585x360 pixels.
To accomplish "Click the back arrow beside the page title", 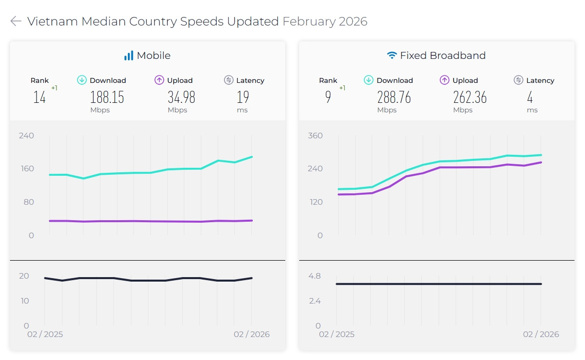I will point(16,21).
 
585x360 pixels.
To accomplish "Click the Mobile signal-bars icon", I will point(129,55).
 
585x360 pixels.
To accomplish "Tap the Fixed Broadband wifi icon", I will point(392,55).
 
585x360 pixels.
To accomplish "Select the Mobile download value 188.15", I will point(107,97).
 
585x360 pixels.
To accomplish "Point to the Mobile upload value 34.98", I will point(181,97).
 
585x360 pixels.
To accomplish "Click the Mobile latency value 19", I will point(242,97).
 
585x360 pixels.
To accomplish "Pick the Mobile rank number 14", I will point(39,97).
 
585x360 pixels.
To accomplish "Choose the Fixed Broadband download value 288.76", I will point(394,97).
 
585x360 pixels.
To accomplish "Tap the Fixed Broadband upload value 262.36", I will point(470,97).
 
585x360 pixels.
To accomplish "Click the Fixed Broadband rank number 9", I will point(328,97).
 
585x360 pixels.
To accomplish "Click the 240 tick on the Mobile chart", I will point(26,135).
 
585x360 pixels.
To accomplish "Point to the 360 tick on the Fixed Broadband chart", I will point(316,135).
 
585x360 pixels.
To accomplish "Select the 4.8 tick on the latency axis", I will point(314,276).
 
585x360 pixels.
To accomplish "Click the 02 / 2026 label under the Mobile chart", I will point(251,334).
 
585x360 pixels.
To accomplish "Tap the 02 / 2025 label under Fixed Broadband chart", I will point(336,334).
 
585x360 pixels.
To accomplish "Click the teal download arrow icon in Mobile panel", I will point(82,80).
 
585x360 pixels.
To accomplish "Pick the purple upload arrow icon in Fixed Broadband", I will point(445,80).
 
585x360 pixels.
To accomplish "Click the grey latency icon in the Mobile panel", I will point(229,80).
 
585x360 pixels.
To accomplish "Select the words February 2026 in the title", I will point(325,21).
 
